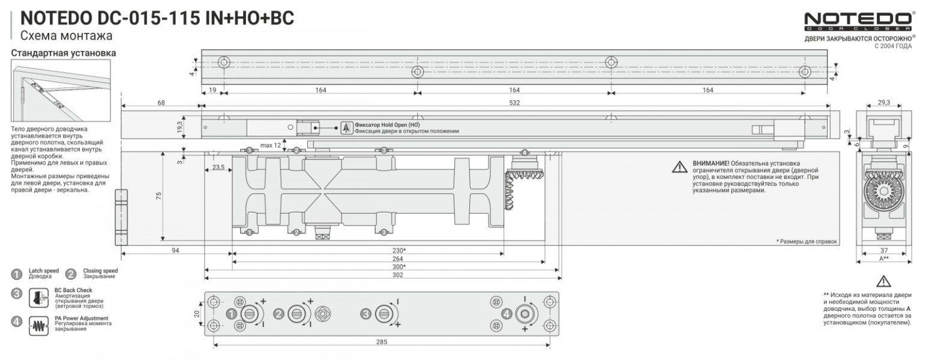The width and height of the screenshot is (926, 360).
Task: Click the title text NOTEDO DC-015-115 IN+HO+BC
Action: [157, 19]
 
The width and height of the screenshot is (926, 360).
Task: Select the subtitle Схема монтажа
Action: [66, 36]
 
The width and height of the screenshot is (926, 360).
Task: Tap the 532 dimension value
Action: [515, 103]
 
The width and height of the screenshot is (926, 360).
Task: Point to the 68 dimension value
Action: [161, 103]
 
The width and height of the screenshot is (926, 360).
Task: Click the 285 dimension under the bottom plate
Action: [382, 341]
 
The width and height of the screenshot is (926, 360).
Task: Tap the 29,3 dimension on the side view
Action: [883, 103]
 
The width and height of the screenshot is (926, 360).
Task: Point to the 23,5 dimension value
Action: [218, 167]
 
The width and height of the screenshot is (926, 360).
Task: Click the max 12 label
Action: [271, 145]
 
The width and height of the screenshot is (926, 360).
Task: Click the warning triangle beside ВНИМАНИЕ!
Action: [679, 167]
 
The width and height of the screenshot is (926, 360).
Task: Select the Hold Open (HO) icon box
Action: [346, 127]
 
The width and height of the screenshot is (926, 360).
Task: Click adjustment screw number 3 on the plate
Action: [382, 313]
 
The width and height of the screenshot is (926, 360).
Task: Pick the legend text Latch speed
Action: [43, 271]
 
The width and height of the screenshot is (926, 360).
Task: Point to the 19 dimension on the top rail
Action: [212, 90]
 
